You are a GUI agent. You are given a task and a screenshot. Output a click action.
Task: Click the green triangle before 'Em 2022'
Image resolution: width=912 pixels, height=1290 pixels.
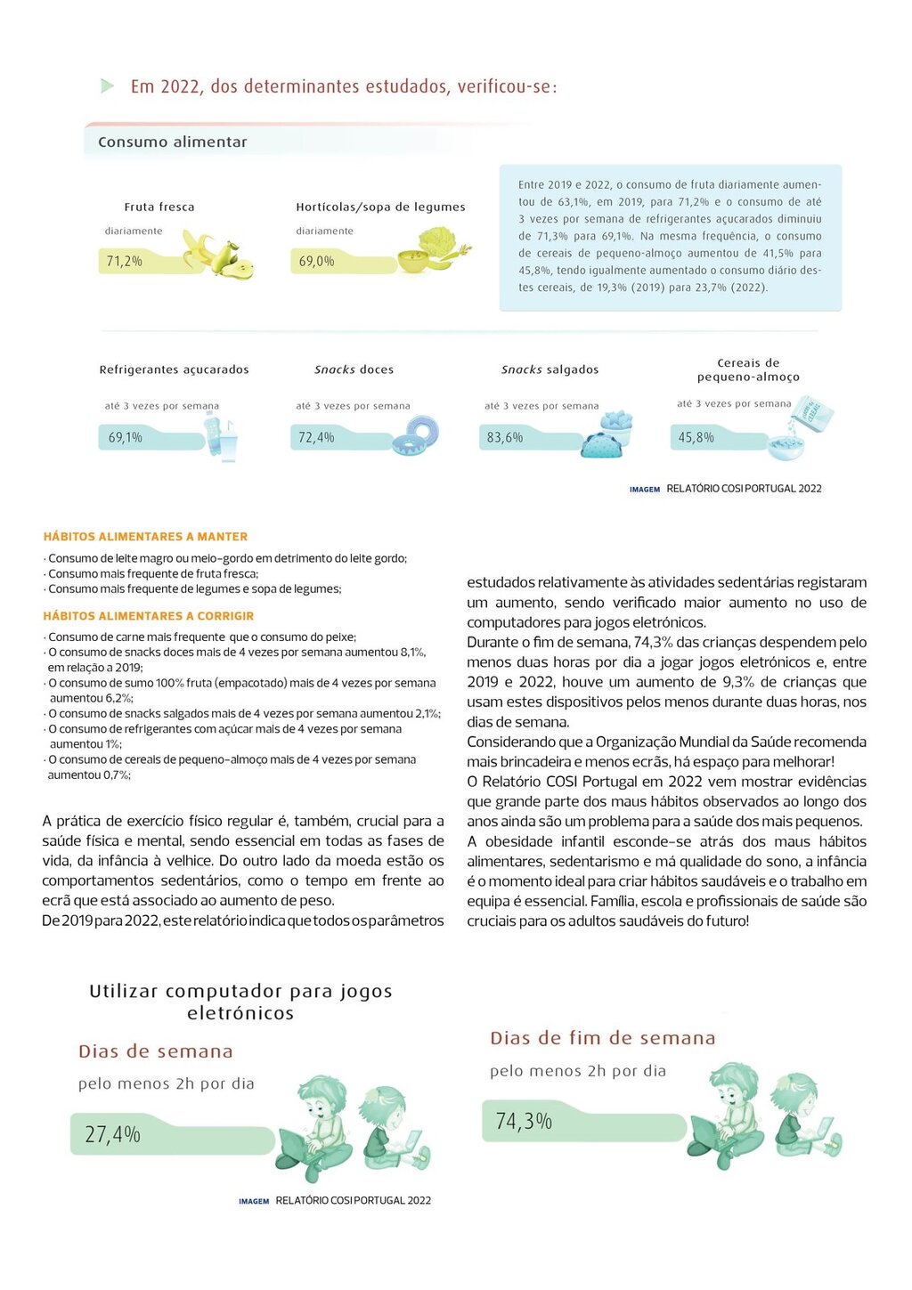[108, 86]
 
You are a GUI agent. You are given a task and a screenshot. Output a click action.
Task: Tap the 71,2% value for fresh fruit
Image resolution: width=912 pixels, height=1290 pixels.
[125, 261]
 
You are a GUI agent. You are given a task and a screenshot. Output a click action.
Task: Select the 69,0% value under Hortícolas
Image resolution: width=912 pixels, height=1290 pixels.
[316, 261]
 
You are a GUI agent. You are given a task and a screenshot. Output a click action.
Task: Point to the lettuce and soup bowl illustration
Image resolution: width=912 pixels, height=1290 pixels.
[433, 250]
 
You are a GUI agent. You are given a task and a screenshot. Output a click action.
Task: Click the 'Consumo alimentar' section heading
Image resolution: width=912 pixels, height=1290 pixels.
[173, 142]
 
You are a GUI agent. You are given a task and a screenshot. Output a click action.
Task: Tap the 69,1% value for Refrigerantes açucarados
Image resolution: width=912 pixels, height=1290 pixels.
[126, 437]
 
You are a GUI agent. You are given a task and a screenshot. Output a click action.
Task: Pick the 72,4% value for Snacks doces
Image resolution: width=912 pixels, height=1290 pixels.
[316, 437]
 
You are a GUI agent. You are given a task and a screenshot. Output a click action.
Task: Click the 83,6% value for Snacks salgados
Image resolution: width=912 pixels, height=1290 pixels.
[505, 437]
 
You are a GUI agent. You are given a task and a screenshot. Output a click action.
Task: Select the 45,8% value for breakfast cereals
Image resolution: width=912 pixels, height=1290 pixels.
[696, 437]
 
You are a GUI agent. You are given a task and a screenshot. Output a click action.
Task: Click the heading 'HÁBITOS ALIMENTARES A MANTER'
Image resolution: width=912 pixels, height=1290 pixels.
[145, 537]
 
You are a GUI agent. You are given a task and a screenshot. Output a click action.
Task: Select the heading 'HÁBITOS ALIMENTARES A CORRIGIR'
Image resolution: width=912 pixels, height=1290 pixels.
[149, 616]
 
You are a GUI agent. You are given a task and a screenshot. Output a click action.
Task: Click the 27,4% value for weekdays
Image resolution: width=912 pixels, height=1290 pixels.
[113, 1134]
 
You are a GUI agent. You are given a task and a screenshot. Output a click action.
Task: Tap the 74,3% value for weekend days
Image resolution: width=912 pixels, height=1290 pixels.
[524, 1121]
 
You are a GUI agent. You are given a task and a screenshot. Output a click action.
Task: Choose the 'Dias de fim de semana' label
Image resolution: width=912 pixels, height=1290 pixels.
[602, 1038]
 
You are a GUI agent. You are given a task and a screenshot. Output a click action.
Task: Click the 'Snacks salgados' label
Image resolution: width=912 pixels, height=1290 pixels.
[550, 369]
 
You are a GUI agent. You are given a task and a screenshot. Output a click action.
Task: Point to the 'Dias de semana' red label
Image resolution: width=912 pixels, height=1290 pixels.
[156, 1051]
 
